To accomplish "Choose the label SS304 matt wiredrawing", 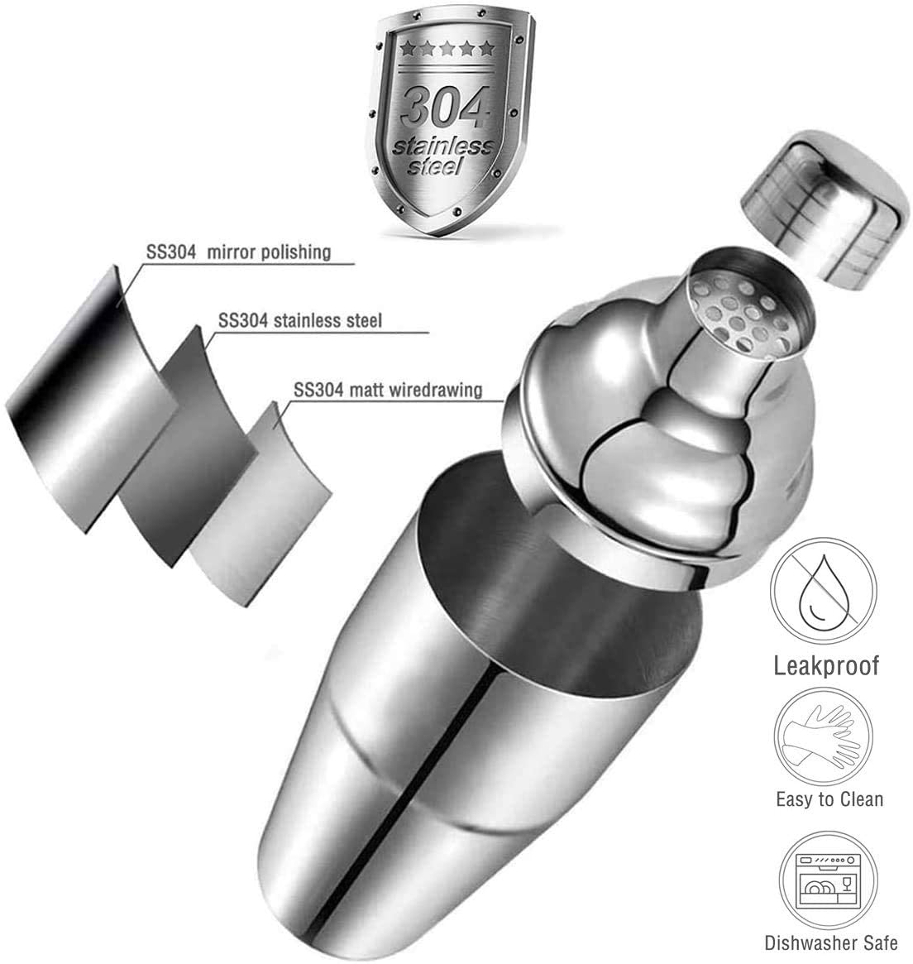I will pyautogui.click(x=388, y=390).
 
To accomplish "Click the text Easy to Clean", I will pyautogui.click(x=829, y=799).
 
